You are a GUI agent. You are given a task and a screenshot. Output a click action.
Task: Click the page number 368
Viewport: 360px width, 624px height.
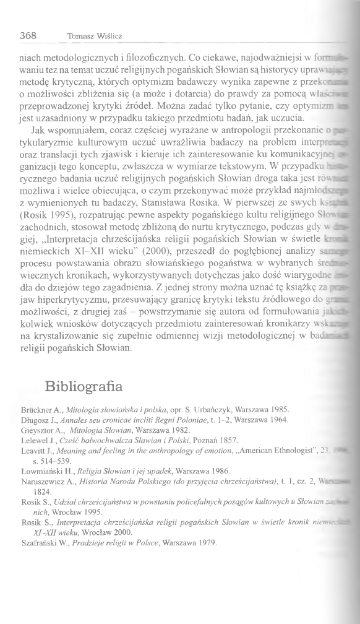(x=31, y=35)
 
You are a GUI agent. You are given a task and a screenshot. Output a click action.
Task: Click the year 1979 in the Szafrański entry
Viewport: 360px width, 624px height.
(x=204, y=527)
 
